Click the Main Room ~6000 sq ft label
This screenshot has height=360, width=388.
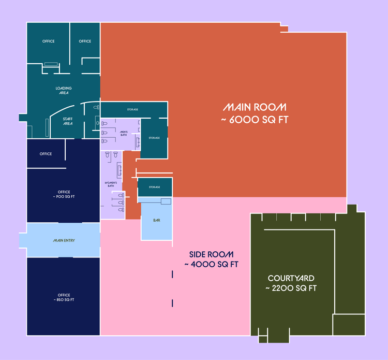click(x=255, y=113)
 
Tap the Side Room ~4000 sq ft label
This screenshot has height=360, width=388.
click(x=211, y=260)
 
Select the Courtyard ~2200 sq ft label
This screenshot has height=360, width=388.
click(x=291, y=283)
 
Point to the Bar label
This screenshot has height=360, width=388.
click(x=157, y=220)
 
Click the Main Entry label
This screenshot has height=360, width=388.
click(x=64, y=240)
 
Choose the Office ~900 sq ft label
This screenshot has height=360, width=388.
click(x=64, y=194)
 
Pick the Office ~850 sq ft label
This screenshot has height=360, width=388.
click(x=64, y=297)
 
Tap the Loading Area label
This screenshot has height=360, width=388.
click(x=64, y=91)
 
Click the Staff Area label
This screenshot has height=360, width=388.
click(x=68, y=121)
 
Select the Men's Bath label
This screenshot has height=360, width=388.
click(x=124, y=134)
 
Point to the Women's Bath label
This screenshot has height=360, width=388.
click(x=111, y=184)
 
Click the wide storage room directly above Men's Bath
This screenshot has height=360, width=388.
click(x=134, y=109)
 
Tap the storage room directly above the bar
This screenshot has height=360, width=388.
click(x=155, y=187)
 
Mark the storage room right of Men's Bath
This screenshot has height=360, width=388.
click(x=154, y=138)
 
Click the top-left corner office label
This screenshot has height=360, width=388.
click(x=48, y=41)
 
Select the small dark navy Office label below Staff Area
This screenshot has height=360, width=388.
click(x=46, y=154)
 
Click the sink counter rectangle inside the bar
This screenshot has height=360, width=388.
click(x=166, y=201)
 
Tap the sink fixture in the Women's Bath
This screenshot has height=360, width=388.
click(x=120, y=170)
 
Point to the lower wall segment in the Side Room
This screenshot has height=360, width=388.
click(x=172, y=303)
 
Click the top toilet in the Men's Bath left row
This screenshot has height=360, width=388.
click(x=105, y=123)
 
